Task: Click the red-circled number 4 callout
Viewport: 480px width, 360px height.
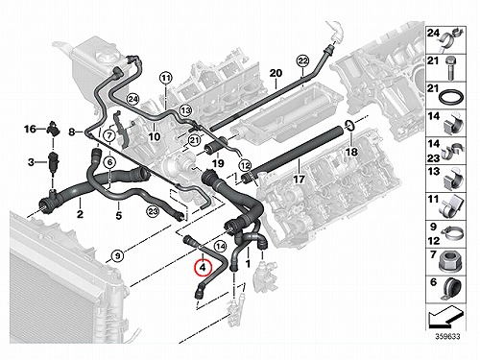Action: click(x=204, y=268)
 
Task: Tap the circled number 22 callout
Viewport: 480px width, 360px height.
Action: click(x=302, y=60)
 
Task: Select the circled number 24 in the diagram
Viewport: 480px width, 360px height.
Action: click(x=133, y=100)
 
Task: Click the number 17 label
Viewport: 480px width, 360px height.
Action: click(x=300, y=180)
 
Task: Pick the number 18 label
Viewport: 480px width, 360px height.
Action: click(x=351, y=152)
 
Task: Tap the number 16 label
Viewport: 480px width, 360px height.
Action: click(x=31, y=129)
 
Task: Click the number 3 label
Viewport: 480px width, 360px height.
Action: click(x=31, y=162)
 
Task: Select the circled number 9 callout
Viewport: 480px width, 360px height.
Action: click(x=118, y=255)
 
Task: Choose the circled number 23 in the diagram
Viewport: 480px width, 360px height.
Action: click(x=153, y=211)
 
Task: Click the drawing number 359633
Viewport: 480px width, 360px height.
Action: click(x=446, y=336)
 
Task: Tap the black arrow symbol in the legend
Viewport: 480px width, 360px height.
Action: click(x=445, y=317)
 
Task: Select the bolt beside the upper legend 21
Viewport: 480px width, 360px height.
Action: click(x=451, y=68)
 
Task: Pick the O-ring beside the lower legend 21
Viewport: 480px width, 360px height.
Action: click(x=451, y=97)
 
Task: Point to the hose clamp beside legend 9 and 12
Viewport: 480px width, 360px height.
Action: click(x=451, y=234)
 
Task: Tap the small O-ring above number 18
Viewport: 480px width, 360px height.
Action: click(x=349, y=126)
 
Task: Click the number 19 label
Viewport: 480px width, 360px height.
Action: click(x=218, y=163)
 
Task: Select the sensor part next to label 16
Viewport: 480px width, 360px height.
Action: click(x=53, y=129)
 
